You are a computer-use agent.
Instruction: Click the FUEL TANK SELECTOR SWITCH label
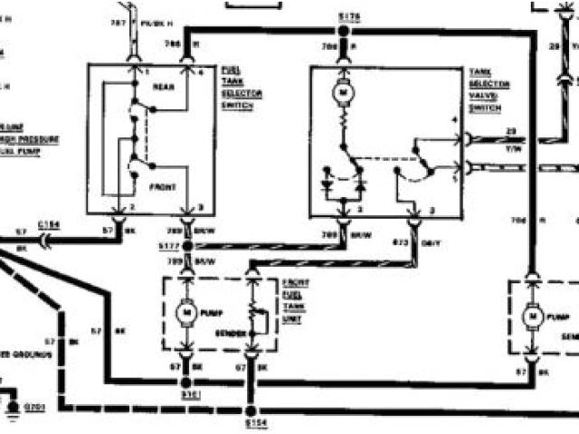click(x=233, y=87)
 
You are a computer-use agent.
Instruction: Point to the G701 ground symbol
click(x=14, y=406)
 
